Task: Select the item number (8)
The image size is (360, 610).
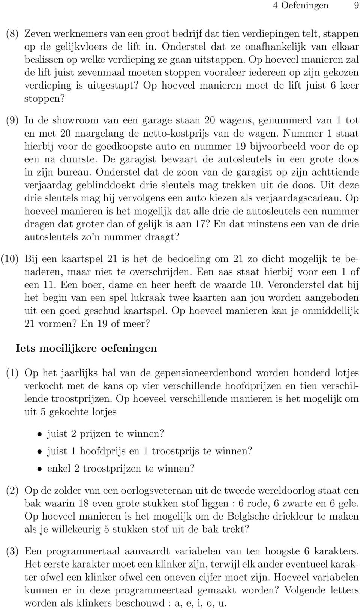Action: tap(12, 33)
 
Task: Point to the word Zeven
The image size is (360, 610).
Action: tap(37, 33)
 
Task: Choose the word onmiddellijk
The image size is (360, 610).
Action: tap(322, 311)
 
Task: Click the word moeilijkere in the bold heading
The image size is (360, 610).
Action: tap(65, 348)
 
